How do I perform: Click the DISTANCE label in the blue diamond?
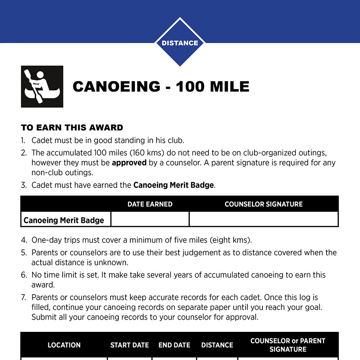180,43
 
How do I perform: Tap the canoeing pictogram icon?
42,86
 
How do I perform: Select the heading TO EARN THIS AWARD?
72,128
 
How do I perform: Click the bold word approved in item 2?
129,163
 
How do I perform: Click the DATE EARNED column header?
150,204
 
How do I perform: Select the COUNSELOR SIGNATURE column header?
264,204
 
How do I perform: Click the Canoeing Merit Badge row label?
64,220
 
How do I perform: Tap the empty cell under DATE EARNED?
150,219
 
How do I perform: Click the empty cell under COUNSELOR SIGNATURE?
264,219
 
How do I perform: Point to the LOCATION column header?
64,345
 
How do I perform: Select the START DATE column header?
130,345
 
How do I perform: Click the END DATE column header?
174,345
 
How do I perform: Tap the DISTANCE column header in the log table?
217,345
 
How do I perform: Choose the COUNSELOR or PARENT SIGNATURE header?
288,345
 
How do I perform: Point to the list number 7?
23,298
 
